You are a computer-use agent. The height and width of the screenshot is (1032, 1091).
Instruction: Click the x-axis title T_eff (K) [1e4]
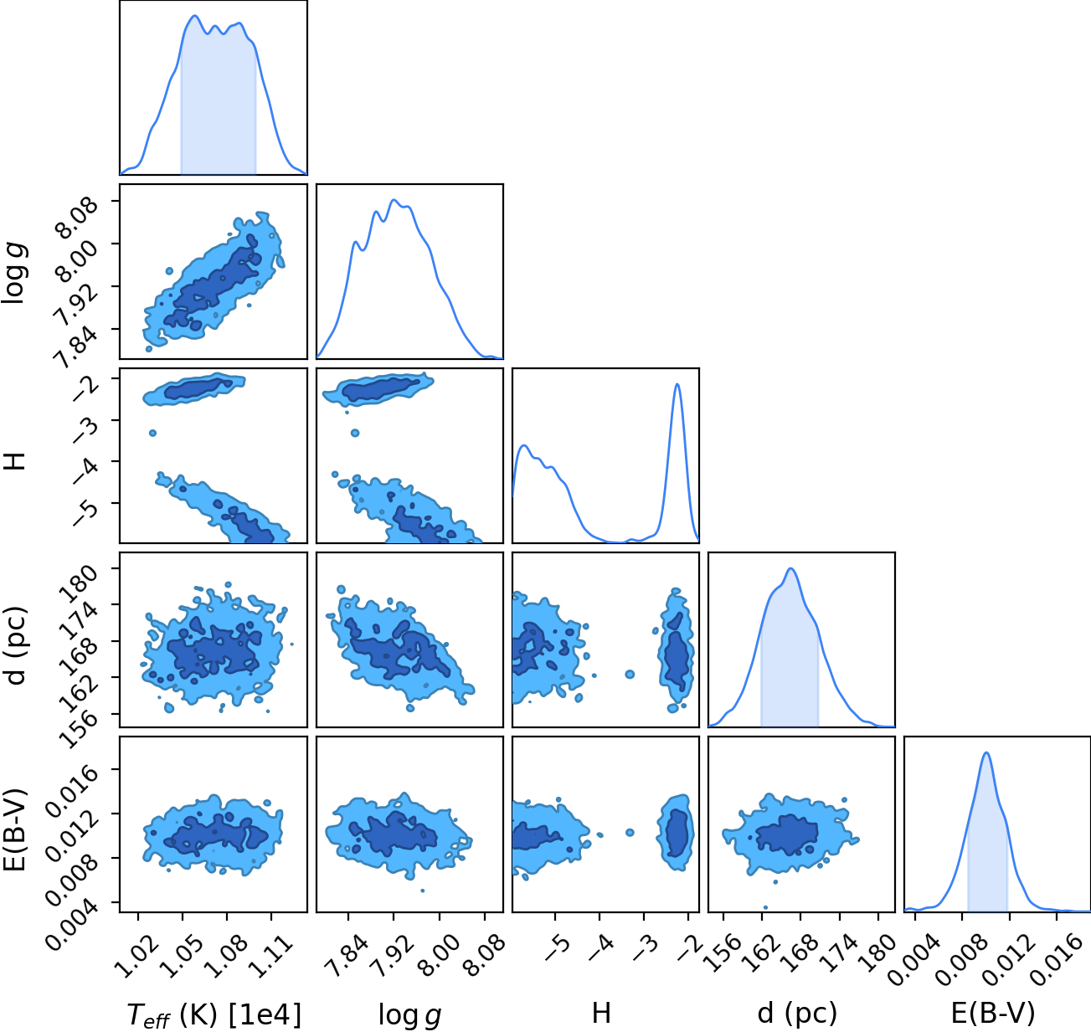point(214,1014)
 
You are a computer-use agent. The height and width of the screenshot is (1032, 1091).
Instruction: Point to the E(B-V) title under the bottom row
point(993,1014)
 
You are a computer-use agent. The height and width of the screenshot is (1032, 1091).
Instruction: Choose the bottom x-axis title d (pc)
point(797,1014)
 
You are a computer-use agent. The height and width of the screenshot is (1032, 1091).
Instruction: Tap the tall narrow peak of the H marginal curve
point(677,384)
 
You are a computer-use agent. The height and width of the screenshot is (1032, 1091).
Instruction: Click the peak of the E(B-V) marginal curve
point(986,752)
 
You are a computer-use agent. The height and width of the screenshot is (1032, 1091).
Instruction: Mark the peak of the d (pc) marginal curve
point(791,568)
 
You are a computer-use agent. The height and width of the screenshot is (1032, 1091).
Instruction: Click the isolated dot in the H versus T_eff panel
point(152,433)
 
